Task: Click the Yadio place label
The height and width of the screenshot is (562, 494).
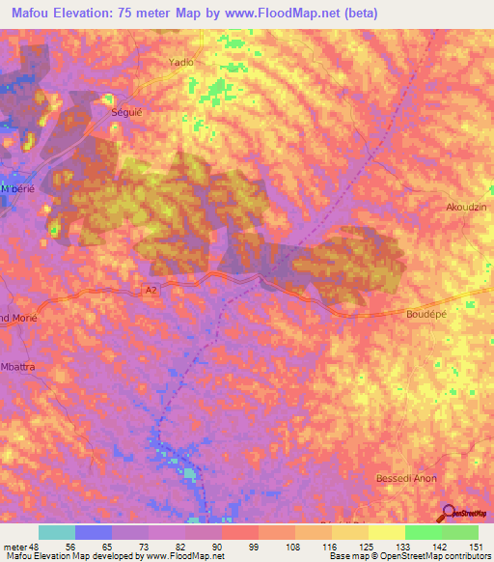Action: [x=181, y=62]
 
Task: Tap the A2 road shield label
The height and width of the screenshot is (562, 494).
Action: [x=150, y=289]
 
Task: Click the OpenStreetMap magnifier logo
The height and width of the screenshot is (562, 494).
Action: [x=449, y=513]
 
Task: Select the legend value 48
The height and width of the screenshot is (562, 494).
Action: [x=39, y=546]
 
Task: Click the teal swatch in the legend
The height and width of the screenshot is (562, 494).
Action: [x=57, y=532]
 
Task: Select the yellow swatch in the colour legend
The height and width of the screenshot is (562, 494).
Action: [x=386, y=532]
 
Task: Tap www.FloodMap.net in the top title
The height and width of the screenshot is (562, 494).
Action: [x=288, y=14]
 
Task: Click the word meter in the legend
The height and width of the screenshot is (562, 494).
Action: [x=16, y=546]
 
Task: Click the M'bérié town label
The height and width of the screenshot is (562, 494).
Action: [x=17, y=188]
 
